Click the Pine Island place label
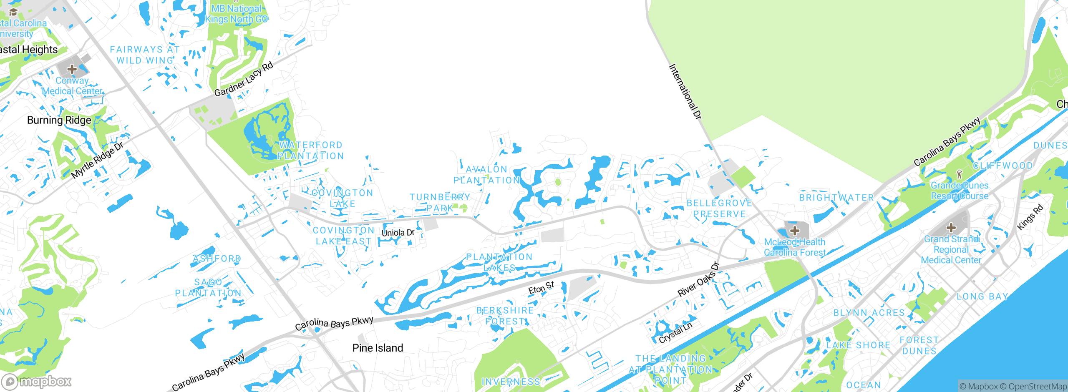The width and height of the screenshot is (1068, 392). (x=378, y=348)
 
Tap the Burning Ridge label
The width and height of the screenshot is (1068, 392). (x=59, y=120)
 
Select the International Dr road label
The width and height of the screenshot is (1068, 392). (x=685, y=92)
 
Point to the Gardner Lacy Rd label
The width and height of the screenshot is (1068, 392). (x=244, y=79)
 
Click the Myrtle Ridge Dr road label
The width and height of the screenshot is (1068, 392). (x=97, y=160)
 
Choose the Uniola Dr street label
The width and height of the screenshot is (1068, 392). (x=398, y=233)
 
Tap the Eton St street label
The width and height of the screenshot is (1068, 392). (x=541, y=288)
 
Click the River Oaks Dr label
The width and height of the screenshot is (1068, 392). (x=699, y=279)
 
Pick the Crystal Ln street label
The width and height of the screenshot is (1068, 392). (x=675, y=333)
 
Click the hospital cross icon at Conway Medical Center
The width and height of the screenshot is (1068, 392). (x=72, y=69)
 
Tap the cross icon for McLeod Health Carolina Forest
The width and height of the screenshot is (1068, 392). (x=795, y=230)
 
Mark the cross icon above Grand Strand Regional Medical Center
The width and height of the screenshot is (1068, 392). (x=951, y=228)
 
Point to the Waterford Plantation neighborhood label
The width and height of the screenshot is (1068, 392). (x=311, y=151)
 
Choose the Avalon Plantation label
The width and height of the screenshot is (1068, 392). (x=486, y=175)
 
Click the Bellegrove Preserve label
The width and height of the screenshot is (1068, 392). (x=719, y=209)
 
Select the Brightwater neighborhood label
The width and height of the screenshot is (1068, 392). (x=836, y=198)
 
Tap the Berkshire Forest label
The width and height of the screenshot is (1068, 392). (x=505, y=316)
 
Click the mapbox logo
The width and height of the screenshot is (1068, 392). (x=37, y=382)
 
